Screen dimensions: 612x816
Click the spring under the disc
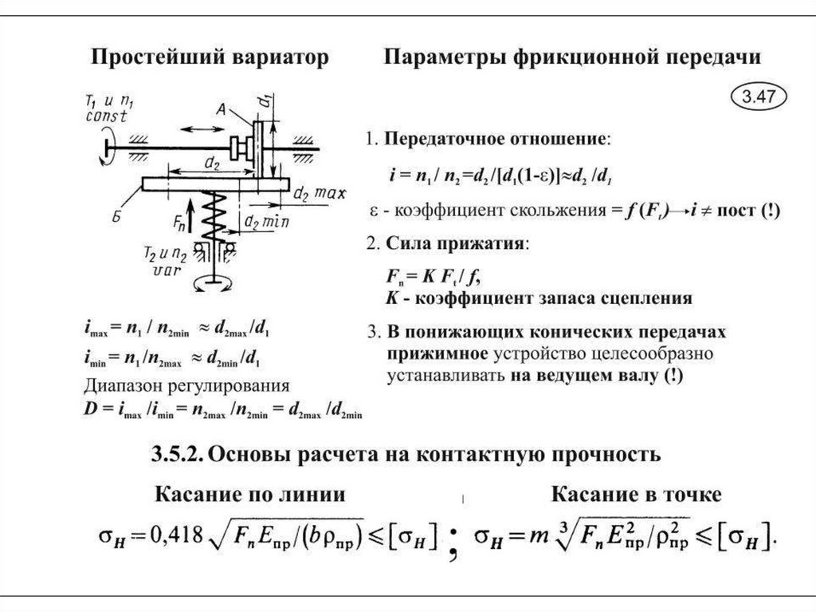(213, 217)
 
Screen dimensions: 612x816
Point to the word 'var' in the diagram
(162, 270)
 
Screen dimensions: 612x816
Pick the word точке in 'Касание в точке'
(686, 495)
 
